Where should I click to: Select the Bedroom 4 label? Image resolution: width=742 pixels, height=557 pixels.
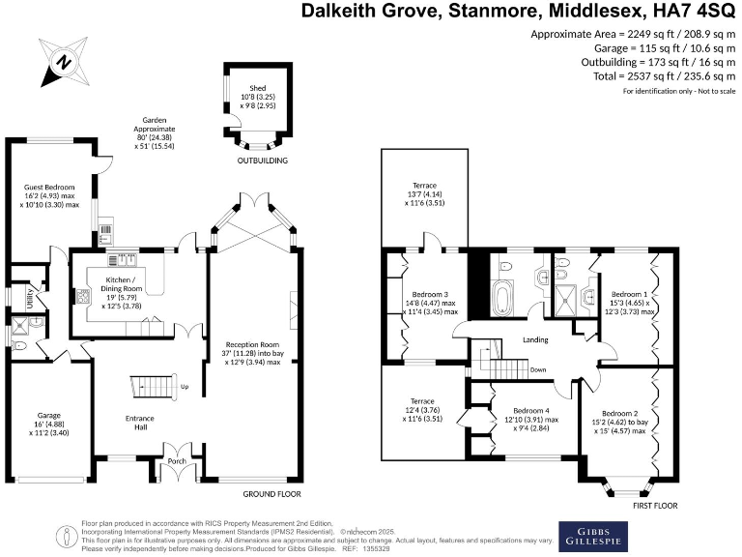point(531,409)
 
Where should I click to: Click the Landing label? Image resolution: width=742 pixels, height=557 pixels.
point(536,339)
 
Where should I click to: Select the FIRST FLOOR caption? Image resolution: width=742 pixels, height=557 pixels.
point(654,505)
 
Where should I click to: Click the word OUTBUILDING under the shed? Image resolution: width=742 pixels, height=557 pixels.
point(264,160)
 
